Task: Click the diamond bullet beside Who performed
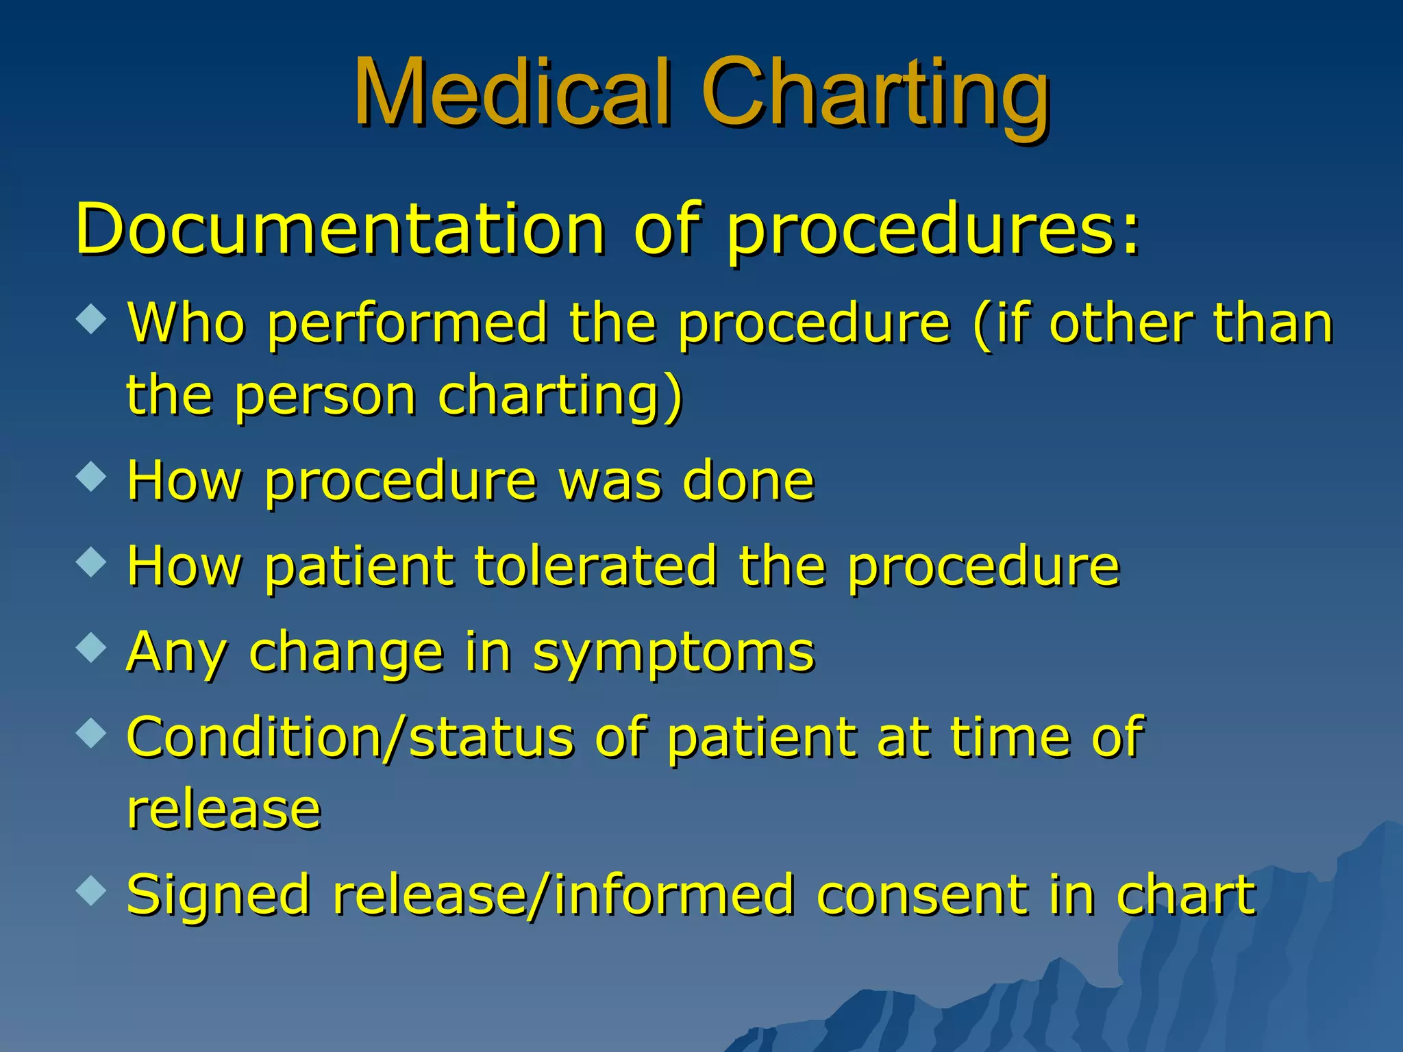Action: pos(91,318)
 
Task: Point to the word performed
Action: pos(408,324)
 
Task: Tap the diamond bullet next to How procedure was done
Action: pos(91,477)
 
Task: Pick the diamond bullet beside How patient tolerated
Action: pos(91,562)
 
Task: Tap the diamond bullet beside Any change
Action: pos(91,648)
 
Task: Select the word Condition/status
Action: pos(350,738)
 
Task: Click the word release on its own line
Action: pos(224,810)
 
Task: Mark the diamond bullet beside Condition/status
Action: pos(91,734)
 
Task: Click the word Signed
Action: pos(218,897)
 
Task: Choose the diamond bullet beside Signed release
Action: pos(91,890)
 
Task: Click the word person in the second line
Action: pos(325,397)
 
